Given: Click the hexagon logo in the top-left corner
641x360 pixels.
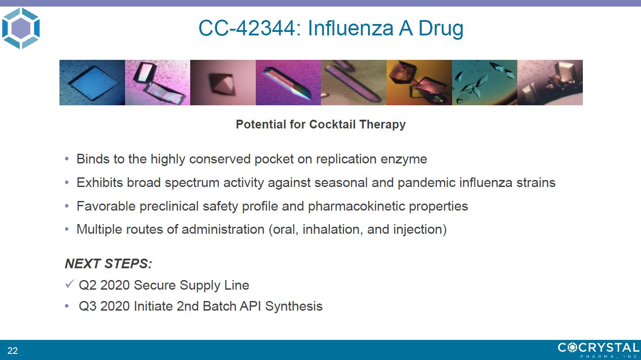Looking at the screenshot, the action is point(21,28).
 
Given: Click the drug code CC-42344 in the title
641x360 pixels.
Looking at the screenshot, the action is point(247,28).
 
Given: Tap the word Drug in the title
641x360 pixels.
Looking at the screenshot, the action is point(441,29).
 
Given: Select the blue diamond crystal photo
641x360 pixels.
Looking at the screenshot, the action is point(92,82).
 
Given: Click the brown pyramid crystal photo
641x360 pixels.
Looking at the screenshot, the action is point(223,82).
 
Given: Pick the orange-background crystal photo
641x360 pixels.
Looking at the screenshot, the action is point(419,82).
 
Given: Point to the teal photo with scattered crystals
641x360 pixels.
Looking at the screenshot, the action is point(485,82).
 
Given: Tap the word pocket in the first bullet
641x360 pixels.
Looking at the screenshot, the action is point(274,159).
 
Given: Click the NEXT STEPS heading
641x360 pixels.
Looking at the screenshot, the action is point(108,263).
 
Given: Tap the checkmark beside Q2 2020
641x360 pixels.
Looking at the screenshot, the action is point(70,284).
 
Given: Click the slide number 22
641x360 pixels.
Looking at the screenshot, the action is point(13,350).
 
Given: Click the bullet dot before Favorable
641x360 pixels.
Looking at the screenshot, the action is point(67,206).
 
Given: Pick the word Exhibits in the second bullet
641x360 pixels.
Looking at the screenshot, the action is point(100,183).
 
